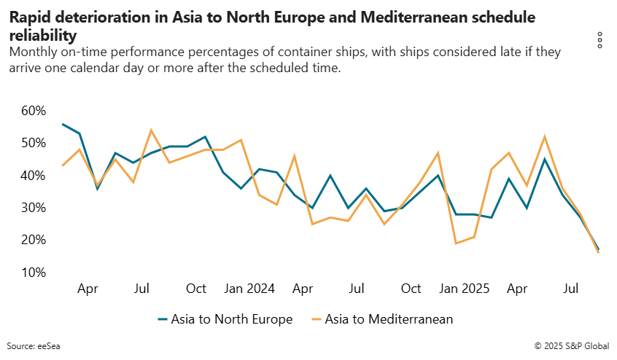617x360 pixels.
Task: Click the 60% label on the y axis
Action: (33, 111)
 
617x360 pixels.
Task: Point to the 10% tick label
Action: (33, 273)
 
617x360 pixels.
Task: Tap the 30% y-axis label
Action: (33, 208)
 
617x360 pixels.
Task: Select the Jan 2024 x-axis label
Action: (249, 289)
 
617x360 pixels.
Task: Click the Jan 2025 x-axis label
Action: (465, 289)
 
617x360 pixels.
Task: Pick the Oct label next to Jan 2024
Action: (196, 289)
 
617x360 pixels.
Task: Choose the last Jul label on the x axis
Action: (573, 289)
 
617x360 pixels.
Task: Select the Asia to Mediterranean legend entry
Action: (382, 319)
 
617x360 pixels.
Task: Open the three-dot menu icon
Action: (599, 40)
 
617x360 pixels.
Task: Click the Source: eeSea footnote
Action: (34, 345)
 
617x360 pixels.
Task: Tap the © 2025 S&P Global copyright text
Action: (572, 345)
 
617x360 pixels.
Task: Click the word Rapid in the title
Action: (29, 17)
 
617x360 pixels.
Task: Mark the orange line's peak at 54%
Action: (151, 130)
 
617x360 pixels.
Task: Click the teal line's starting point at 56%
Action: (62, 124)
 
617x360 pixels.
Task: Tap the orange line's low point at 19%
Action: (456, 243)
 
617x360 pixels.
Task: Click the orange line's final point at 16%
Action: (599, 253)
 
